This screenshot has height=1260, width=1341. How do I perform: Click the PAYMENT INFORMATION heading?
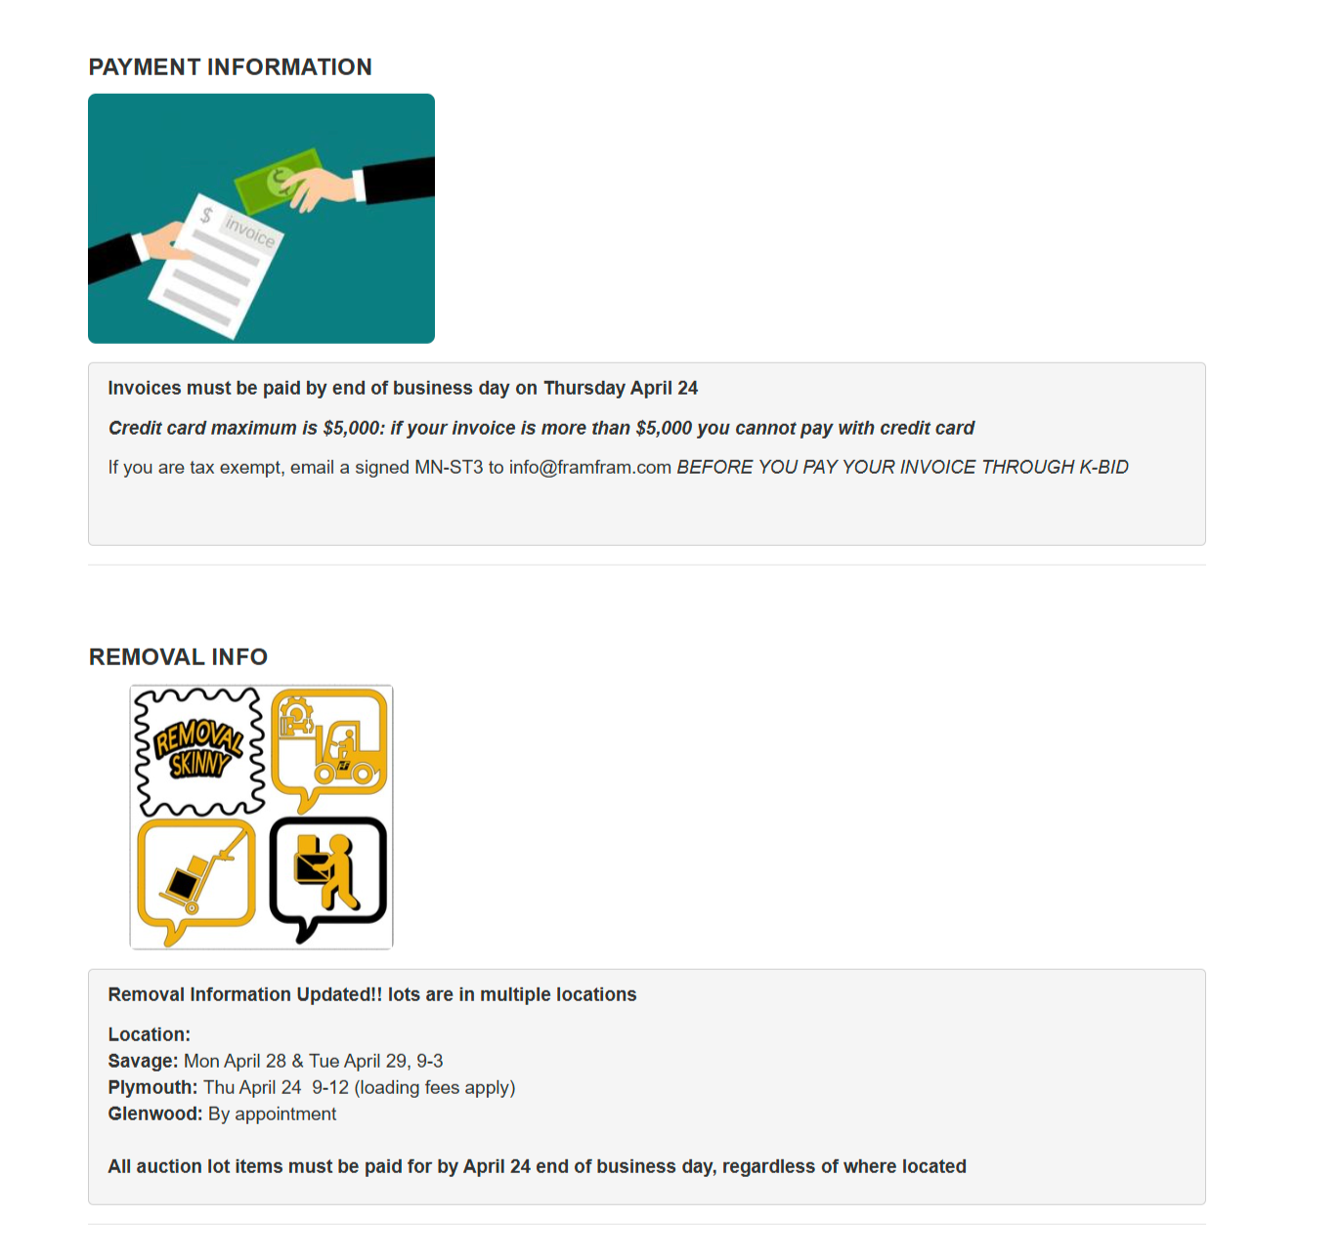click(x=230, y=67)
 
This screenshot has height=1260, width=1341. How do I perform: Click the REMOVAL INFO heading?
click(x=178, y=657)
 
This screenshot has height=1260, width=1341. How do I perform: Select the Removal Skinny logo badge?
click(x=199, y=750)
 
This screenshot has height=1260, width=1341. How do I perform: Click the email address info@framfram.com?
click(x=589, y=468)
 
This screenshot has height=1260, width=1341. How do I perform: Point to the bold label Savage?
click(x=143, y=1062)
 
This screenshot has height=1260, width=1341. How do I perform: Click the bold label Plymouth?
click(x=152, y=1088)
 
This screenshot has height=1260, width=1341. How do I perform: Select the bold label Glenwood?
click(x=154, y=1114)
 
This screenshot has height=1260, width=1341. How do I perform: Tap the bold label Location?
click(x=149, y=1035)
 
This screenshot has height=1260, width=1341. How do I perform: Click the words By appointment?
click(x=272, y=1114)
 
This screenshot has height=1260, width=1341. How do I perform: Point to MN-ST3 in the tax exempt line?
click(x=449, y=468)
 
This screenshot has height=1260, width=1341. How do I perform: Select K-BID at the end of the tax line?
click(x=1103, y=468)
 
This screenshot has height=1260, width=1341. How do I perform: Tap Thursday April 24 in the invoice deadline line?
click(x=621, y=389)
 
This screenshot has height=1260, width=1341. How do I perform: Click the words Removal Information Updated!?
click(x=244, y=995)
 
